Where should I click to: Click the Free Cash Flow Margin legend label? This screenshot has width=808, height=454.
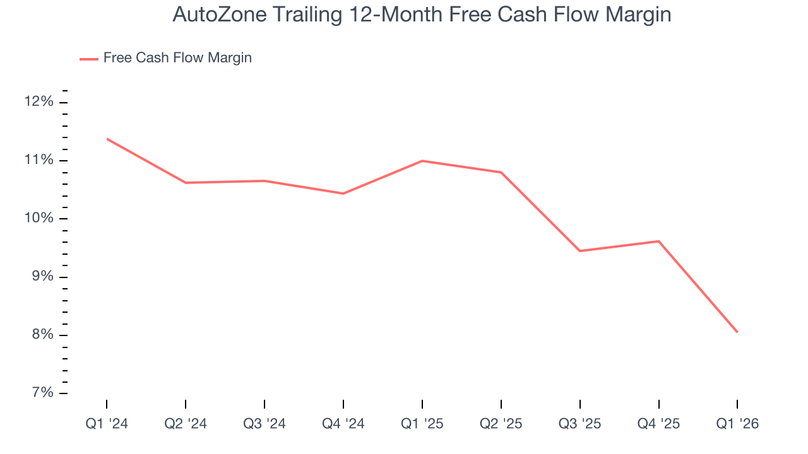[177, 58]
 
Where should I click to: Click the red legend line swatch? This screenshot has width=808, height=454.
[89, 59]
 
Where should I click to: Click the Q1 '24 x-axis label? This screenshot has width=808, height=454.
[107, 424]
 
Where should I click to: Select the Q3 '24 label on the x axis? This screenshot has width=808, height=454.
[264, 424]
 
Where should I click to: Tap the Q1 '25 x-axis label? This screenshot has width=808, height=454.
[422, 424]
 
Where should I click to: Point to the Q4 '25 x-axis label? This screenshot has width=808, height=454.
[658, 424]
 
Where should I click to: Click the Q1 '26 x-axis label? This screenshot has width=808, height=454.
[737, 424]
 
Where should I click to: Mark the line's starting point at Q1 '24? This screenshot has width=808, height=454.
[107, 139]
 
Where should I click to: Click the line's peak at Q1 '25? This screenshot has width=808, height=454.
[422, 161]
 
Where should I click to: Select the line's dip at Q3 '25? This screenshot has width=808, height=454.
[579, 251]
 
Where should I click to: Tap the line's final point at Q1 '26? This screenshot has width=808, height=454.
[737, 332]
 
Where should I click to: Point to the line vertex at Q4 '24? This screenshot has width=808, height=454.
[343, 194]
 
